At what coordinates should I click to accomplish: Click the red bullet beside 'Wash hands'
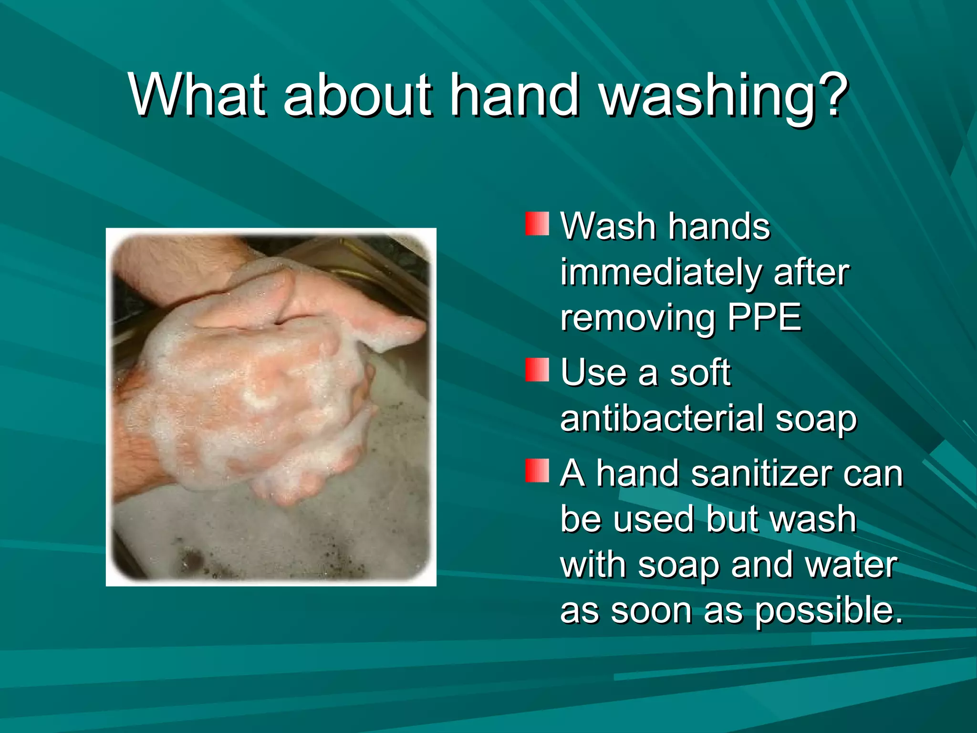[x=537, y=224]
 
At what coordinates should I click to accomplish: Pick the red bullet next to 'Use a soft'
[x=537, y=370]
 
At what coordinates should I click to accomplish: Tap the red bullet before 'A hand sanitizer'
[x=537, y=471]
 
